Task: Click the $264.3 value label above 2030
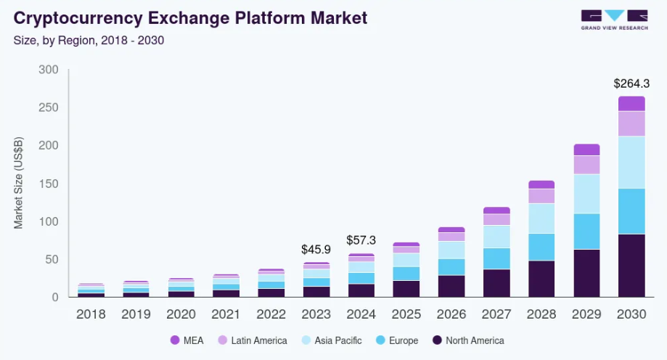[x=631, y=83]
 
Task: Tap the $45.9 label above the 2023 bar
[x=316, y=249]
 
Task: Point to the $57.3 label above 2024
[x=361, y=240]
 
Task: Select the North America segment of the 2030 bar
[x=631, y=265]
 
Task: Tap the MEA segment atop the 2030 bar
[x=631, y=104]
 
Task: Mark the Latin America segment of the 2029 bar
[x=586, y=165]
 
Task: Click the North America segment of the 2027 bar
[x=496, y=283]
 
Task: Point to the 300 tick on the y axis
[x=49, y=70]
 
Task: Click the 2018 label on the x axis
[x=91, y=314]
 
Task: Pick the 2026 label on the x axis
[x=451, y=314]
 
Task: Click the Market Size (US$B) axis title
[x=20, y=183]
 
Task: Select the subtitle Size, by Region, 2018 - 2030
[x=89, y=40]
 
